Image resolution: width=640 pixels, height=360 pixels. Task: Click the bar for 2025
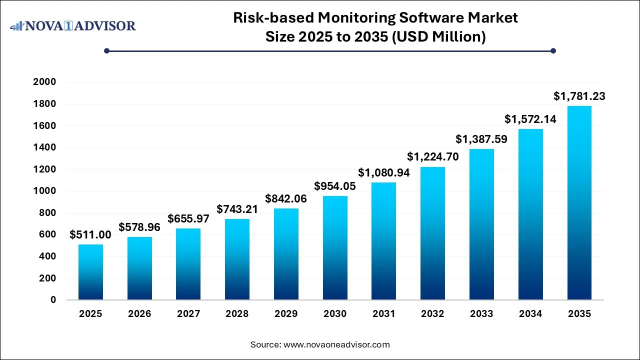tap(90, 272)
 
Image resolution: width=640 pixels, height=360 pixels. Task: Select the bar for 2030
tap(335, 248)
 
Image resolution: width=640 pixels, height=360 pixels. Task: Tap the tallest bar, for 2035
tap(579, 203)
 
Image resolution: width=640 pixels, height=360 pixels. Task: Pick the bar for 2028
tap(237, 259)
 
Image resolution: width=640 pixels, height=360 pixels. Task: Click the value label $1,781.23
tap(579, 96)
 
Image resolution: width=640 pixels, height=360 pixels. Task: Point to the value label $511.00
tap(90, 234)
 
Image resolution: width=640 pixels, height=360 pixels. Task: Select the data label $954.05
tap(335, 186)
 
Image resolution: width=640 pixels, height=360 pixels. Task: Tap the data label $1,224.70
tap(433, 156)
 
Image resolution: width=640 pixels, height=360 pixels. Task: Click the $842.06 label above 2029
tap(286, 198)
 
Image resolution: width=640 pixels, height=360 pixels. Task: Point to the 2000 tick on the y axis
tap(44, 82)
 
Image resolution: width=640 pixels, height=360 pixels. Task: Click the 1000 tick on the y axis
tap(44, 191)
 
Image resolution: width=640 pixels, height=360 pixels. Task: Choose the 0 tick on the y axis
tap(52, 300)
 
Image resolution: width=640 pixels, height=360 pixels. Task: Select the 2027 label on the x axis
tap(188, 314)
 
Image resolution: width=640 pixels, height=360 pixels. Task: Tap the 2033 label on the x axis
tap(481, 314)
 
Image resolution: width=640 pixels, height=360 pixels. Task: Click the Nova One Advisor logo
tap(73, 25)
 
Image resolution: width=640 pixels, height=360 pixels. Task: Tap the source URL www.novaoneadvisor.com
tap(336, 344)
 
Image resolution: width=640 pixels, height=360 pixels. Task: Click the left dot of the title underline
tap(106, 50)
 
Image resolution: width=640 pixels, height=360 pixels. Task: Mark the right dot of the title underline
tap(553, 50)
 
